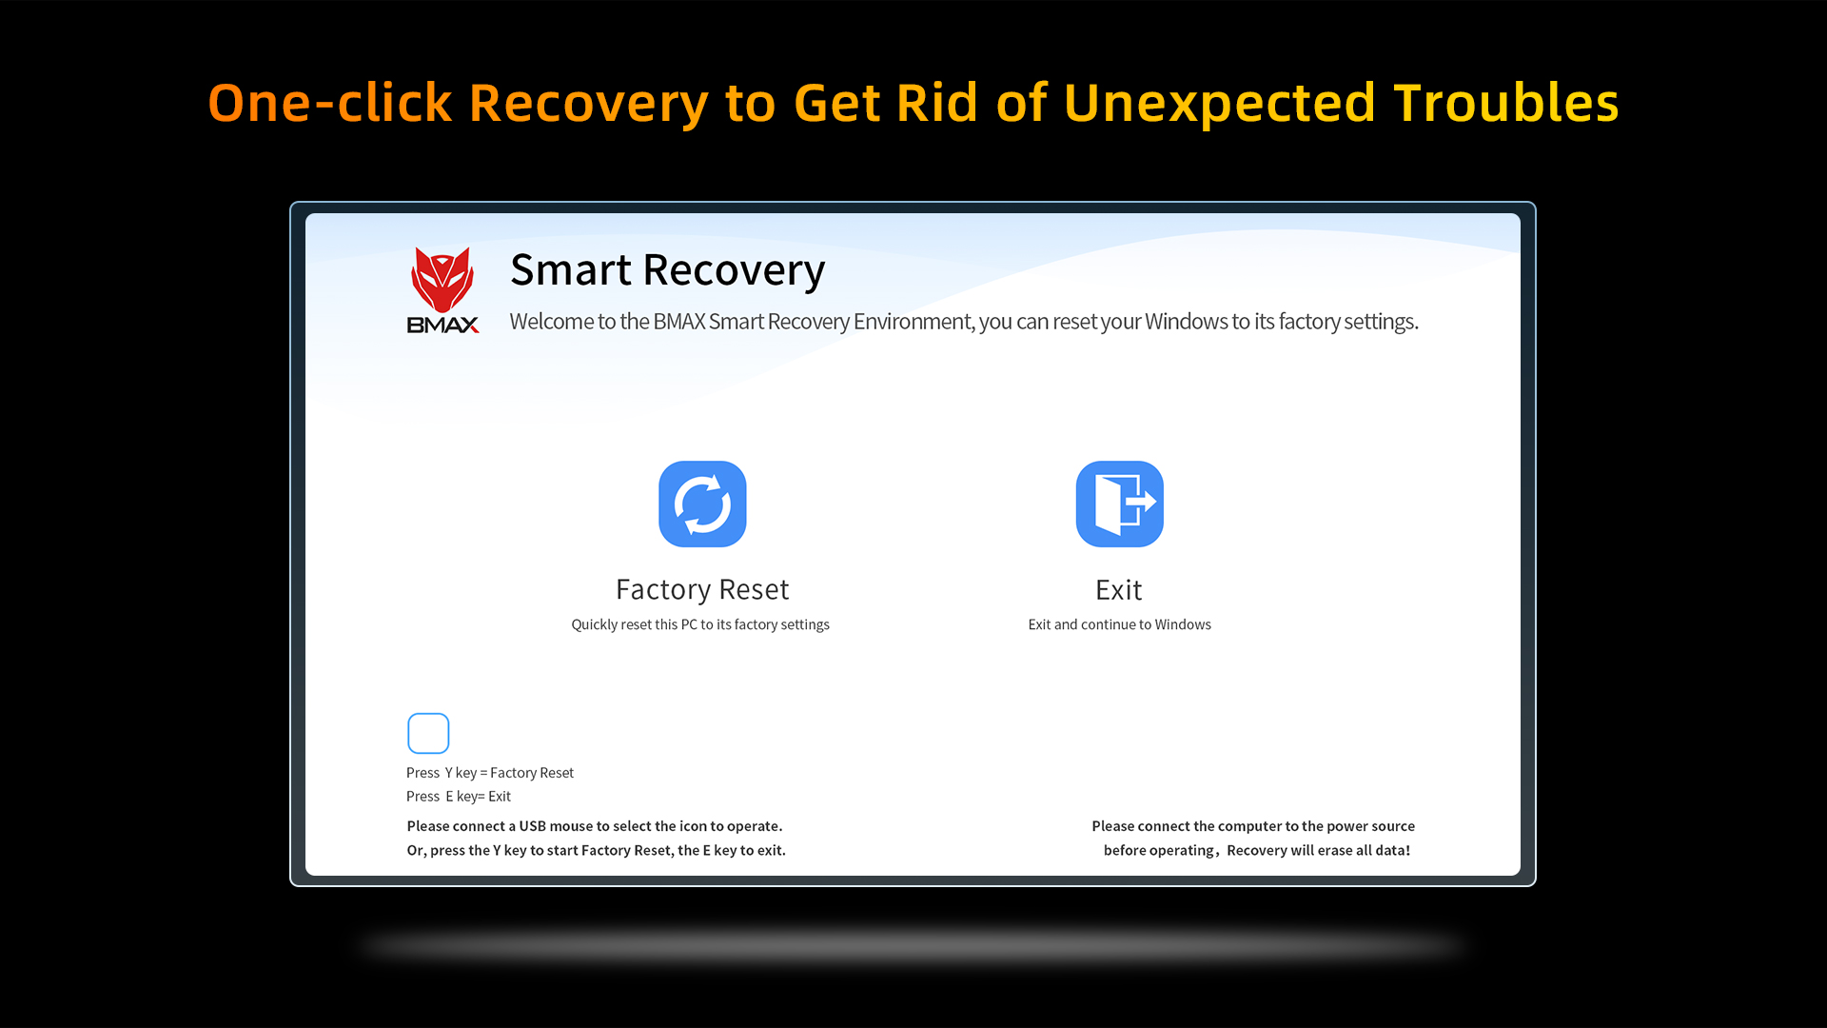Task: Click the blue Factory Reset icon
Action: coord(702,504)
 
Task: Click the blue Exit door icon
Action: coord(1120,504)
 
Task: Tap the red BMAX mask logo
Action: coord(442,280)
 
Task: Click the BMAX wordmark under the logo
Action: coord(442,325)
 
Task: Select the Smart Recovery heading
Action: coord(667,270)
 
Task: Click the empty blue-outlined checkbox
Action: coord(428,733)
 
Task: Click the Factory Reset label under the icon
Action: coord(702,589)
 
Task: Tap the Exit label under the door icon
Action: coord(1119,589)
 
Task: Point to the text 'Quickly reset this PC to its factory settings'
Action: coord(700,624)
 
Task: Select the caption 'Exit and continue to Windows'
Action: coord(1120,624)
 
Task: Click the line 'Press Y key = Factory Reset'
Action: coord(490,773)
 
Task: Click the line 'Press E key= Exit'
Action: coord(459,797)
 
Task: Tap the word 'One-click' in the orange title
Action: coord(330,102)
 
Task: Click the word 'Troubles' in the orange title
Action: coord(1506,102)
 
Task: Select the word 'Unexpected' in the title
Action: coord(1220,104)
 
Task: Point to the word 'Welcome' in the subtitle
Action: coord(552,322)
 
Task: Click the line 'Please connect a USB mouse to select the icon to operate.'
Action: coord(595,826)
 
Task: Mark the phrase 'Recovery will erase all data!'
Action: coord(1319,850)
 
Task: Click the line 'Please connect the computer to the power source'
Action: coord(1253,826)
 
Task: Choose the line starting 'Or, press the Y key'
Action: coord(597,850)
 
